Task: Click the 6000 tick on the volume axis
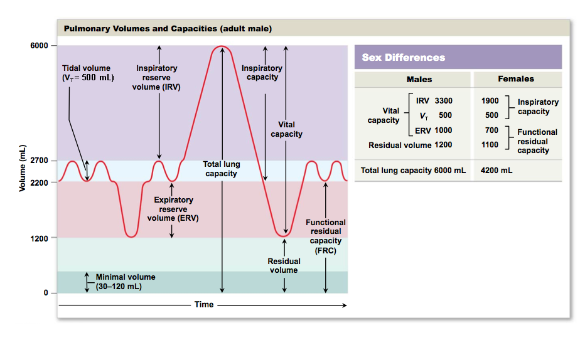[39, 46]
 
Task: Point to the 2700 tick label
[39, 161]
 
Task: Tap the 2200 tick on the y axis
[39, 182]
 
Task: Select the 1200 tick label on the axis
[39, 238]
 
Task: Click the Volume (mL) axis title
[23, 169]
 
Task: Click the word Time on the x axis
[204, 305]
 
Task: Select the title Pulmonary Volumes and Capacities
[168, 29]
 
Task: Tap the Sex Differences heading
[404, 58]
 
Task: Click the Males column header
[419, 79]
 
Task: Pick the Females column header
[516, 79]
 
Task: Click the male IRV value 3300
[443, 101]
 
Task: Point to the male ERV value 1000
[443, 130]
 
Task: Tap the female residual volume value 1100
[490, 145]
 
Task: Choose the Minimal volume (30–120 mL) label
[125, 282]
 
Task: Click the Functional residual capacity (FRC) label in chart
[326, 236]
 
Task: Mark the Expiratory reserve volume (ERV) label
[170, 209]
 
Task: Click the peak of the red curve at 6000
[222, 46]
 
